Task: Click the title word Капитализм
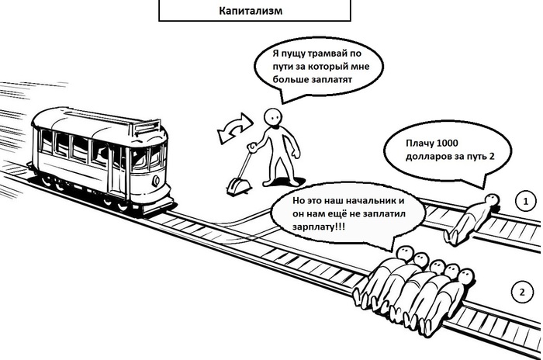(251, 11)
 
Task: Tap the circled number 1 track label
(526, 201)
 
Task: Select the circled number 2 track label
(522, 292)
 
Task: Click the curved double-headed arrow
(235, 129)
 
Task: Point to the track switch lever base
(238, 187)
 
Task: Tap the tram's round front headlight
(156, 181)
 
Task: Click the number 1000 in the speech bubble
(447, 143)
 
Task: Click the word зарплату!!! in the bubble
(319, 227)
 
